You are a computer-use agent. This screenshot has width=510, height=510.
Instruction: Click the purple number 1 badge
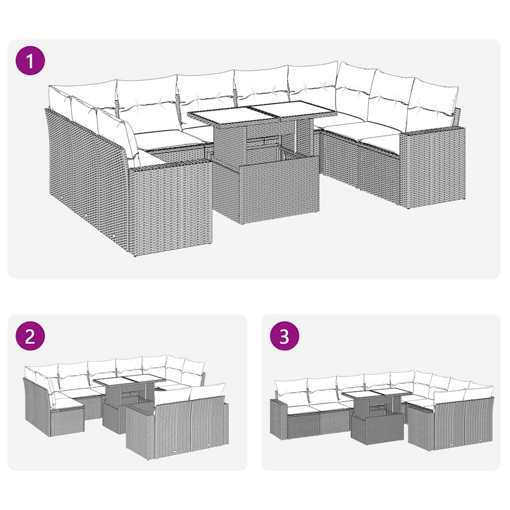30,62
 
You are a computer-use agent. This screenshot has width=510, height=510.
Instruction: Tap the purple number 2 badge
30,337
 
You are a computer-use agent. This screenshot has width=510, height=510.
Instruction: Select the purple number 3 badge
284,337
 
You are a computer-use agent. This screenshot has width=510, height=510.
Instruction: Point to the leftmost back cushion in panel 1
61,100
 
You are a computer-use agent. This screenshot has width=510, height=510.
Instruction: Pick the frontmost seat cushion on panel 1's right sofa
381,143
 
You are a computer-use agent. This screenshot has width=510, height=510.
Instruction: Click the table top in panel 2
128,382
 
